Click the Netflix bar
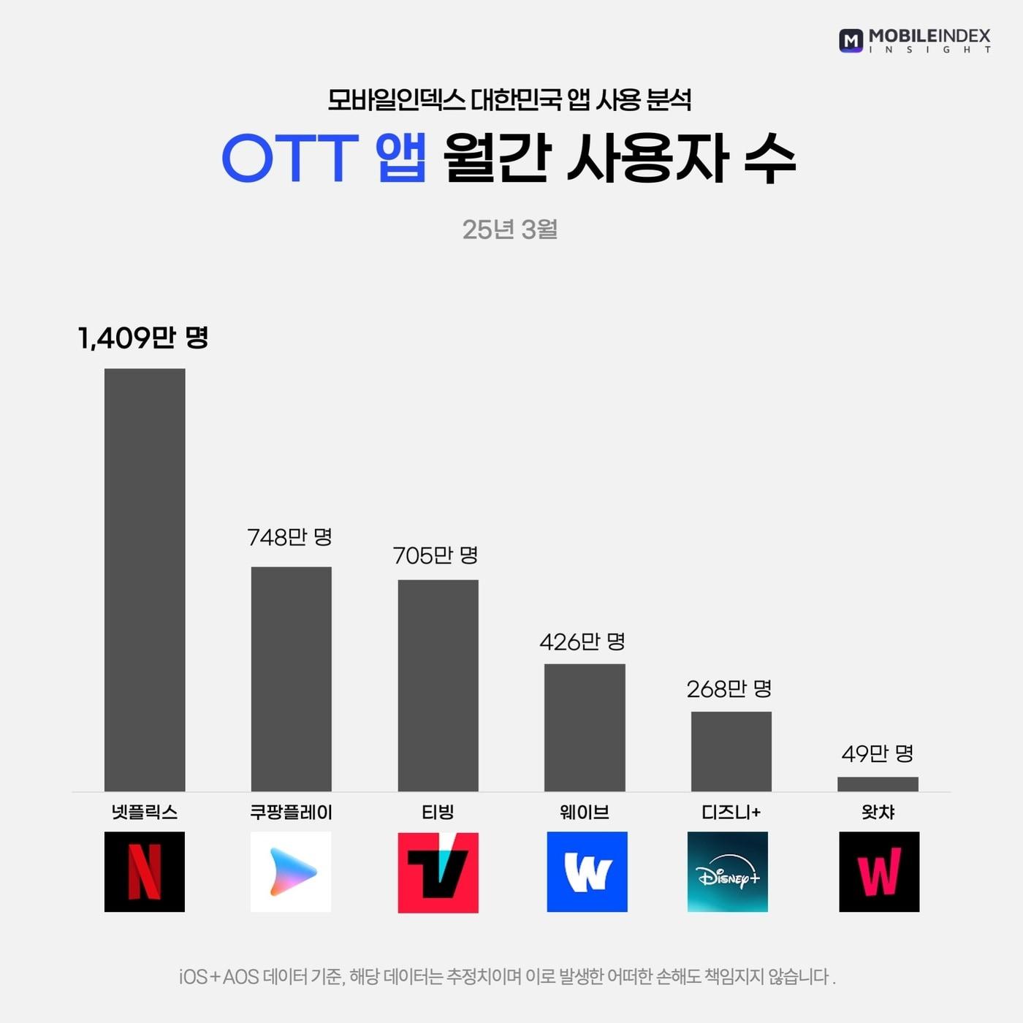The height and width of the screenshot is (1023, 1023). click(145, 579)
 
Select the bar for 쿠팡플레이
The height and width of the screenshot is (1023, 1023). click(291, 678)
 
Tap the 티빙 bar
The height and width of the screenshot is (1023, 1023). click(438, 685)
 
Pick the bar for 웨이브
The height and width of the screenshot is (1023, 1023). click(585, 727)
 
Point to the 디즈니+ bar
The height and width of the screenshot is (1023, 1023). click(731, 750)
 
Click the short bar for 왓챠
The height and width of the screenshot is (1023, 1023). click(878, 783)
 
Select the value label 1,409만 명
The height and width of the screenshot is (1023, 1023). click(143, 338)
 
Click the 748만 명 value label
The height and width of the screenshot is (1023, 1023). click(290, 537)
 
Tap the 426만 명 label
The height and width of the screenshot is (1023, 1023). click(582, 642)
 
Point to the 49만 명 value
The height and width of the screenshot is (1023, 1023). click(878, 753)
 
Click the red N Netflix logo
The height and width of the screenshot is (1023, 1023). click(145, 872)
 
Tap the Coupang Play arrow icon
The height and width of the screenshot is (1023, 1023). click(291, 872)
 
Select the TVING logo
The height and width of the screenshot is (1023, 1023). click(438, 872)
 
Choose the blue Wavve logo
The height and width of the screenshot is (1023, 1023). click(587, 872)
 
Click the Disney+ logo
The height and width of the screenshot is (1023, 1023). click(728, 872)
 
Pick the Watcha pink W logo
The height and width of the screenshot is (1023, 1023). click(879, 872)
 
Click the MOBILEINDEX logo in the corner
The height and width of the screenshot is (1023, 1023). click(915, 40)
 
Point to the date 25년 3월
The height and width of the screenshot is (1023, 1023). click(510, 229)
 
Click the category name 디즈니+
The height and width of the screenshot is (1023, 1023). click(731, 812)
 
